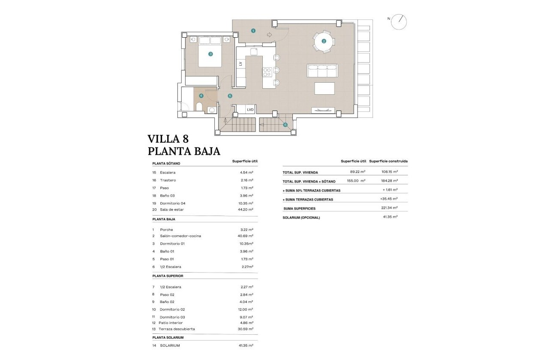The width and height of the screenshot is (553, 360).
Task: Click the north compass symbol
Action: click(399, 22)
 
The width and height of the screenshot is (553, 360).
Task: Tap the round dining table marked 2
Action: click(324, 42)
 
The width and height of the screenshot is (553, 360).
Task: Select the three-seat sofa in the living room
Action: click(322, 71)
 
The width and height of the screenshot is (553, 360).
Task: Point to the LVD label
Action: click(250, 110)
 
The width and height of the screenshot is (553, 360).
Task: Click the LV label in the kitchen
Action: click(240, 63)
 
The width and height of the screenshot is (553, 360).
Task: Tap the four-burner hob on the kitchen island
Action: click(267, 72)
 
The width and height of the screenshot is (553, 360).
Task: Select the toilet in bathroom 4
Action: click(199, 107)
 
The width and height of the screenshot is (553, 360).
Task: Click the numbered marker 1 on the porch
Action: click(253, 30)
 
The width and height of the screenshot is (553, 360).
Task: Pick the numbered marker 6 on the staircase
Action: click(285, 125)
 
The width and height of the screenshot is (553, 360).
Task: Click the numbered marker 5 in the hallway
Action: click(230, 96)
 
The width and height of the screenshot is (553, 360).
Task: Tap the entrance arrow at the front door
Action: click(269, 35)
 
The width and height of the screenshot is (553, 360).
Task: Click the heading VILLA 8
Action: click(168, 139)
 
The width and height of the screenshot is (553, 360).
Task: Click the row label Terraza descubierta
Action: click(177, 329)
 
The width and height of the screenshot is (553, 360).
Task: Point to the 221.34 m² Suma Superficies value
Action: click(391, 208)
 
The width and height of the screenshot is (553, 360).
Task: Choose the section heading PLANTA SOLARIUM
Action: click(168, 338)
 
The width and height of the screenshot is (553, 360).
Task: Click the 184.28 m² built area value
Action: click(390, 181)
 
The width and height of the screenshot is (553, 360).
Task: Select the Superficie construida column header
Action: click(388, 161)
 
